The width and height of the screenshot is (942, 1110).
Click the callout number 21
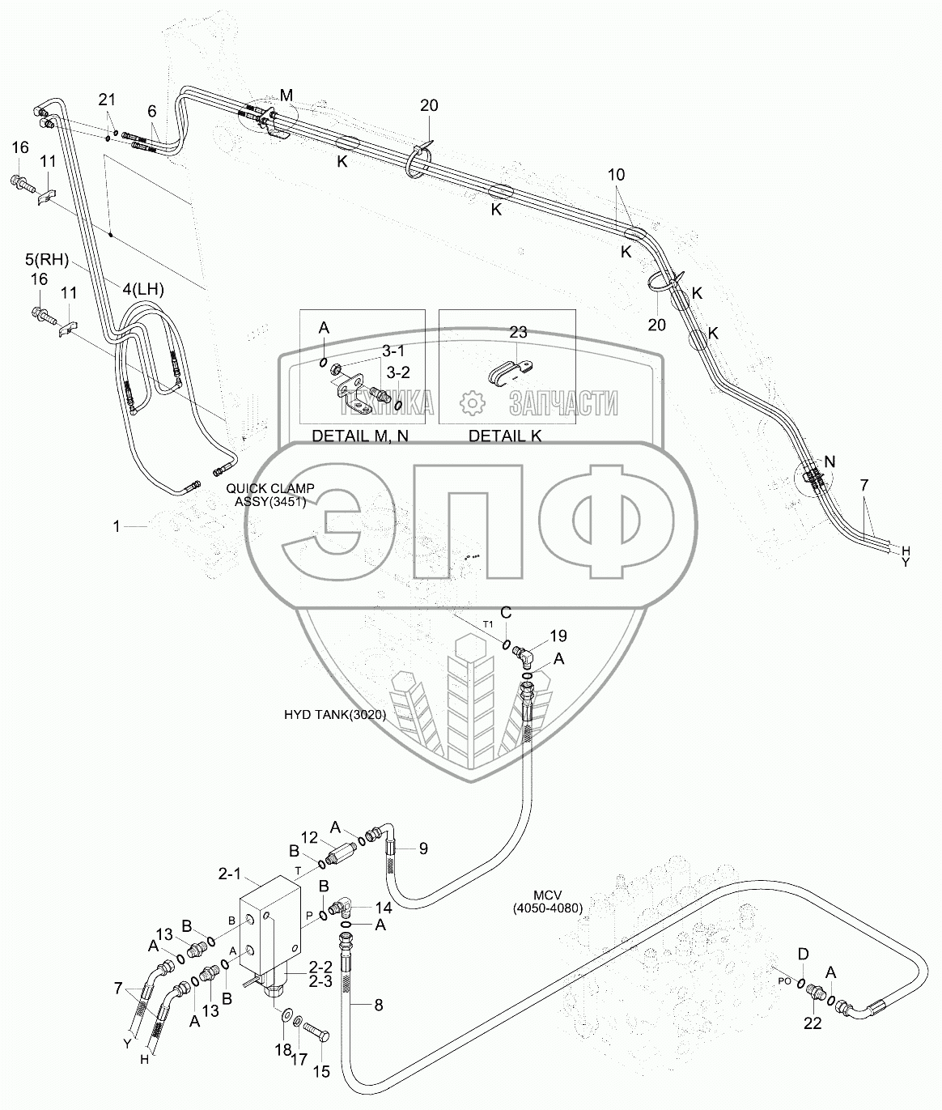coord(108,100)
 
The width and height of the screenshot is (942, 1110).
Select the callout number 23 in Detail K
coord(518,331)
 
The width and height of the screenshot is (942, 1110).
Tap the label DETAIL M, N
coord(361,436)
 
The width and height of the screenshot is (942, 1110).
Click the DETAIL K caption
coord(506,436)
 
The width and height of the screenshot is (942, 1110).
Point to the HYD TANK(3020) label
coord(334,715)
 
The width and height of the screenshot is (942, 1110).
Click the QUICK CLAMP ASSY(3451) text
coord(270,495)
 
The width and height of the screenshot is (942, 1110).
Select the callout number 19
coord(558,636)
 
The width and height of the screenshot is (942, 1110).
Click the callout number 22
coord(813,1023)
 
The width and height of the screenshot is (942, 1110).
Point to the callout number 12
coord(310,836)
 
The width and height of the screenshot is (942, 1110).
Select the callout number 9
coord(422,848)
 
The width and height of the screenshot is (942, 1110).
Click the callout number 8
coord(377,1006)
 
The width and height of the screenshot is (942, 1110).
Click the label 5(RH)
coord(47,261)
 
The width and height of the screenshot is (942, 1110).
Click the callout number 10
coord(617,175)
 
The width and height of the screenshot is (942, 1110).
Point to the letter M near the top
coord(285,95)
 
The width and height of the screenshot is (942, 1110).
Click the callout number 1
coord(117,526)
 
